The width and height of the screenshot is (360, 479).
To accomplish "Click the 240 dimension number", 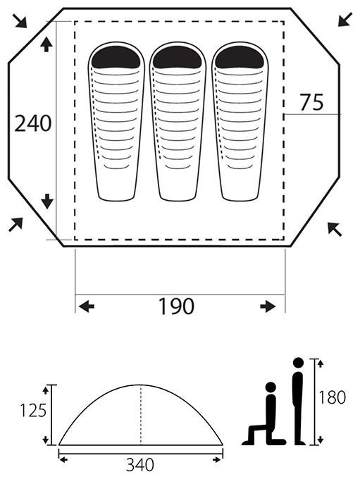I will point(33,123).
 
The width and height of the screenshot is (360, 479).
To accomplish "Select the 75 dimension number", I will point(311,103).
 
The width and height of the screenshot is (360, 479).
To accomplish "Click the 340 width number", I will point(140,466).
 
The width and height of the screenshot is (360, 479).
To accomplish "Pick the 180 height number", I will point(331,397).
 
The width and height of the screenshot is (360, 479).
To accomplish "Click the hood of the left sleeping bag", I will point(116,57).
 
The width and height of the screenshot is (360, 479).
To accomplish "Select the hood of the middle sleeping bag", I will point(178,57).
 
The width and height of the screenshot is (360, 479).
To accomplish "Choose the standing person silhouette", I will point(298,402).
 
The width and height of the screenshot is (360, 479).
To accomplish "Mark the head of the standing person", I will point(298,363).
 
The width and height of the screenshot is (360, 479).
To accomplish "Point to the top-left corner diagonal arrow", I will point(20,20).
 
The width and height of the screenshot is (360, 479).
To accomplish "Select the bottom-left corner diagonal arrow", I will point(15,225).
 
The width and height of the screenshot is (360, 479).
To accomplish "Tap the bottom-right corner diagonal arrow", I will point(335,229).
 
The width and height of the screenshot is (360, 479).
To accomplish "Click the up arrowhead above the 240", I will point(46,44).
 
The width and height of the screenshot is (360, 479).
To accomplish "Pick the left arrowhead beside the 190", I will point(87,306).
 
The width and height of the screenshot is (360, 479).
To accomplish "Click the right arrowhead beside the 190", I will point(268,306).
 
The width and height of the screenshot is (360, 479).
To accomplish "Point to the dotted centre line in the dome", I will point(141,415).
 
